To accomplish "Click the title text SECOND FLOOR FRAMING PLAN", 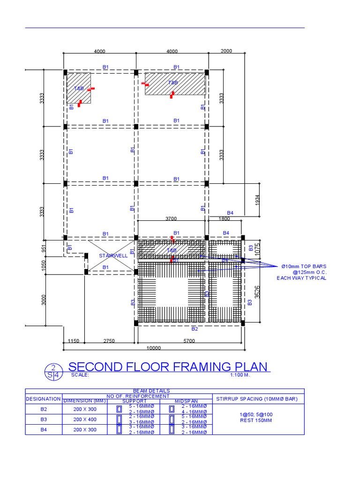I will (169, 367).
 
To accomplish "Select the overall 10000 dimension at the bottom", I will (153, 348).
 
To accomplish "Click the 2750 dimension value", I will (109, 341).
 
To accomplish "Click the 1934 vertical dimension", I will (257, 200).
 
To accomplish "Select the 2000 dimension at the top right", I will (226, 52).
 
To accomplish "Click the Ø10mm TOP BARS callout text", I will (303, 266).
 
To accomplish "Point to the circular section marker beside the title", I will (53, 371).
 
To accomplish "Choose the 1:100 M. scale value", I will (240, 375).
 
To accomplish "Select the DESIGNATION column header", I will (43, 399).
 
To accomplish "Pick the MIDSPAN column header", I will (186, 401).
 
